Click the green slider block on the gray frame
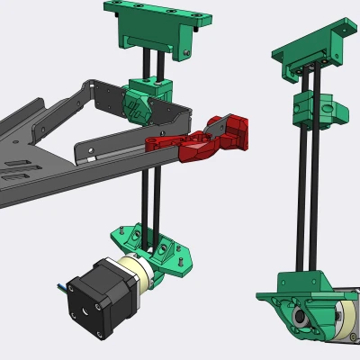(144, 98)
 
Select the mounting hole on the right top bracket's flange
(343, 31)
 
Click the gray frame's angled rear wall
(54, 108)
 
